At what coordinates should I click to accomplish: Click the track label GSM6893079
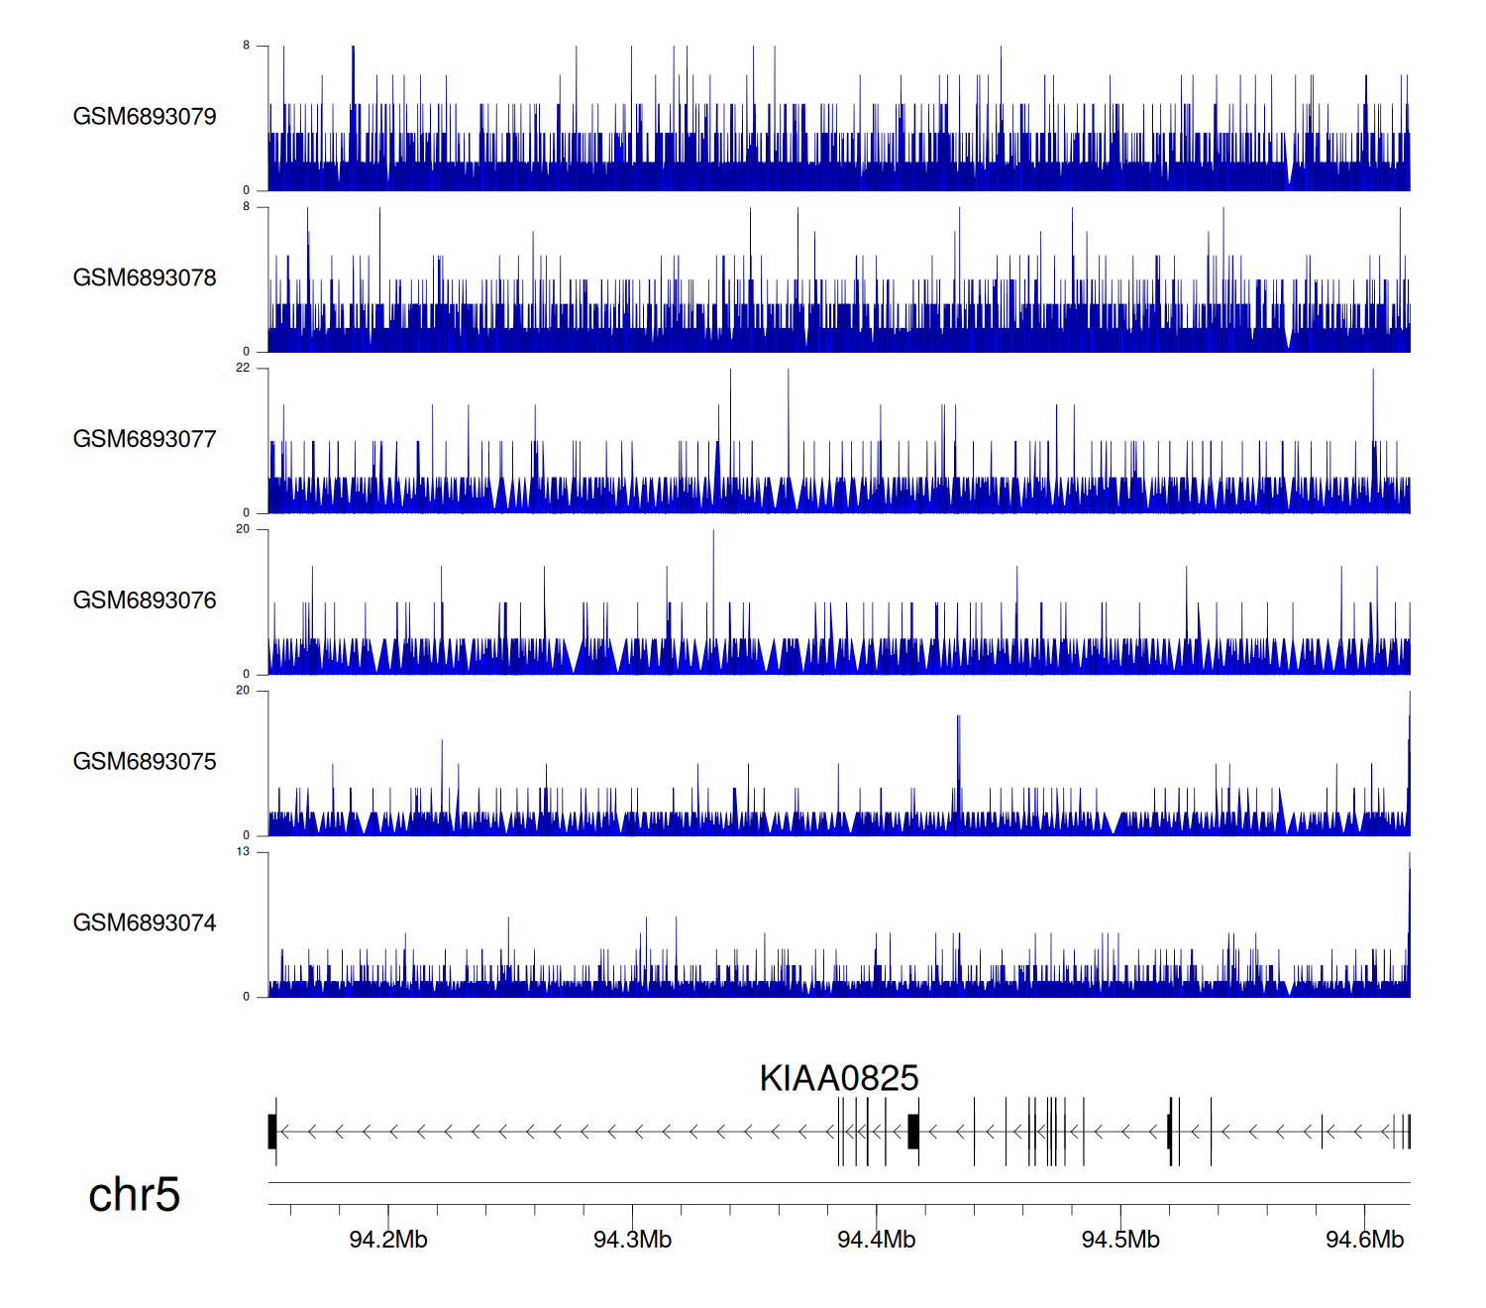(x=145, y=117)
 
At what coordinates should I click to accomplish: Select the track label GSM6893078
(x=145, y=278)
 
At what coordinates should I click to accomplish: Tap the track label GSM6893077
(x=145, y=440)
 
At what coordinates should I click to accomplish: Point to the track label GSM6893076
(x=145, y=600)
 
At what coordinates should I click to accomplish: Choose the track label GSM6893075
(x=145, y=762)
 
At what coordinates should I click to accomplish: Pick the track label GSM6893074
(x=145, y=924)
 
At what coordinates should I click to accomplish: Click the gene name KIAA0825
(x=839, y=1078)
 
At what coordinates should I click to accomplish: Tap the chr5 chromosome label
(x=134, y=1195)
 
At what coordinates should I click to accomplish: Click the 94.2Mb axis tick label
(x=388, y=1240)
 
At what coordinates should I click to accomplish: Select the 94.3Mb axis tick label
(x=632, y=1240)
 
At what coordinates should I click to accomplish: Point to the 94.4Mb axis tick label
(x=877, y=1240)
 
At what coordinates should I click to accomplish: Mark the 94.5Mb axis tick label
(x=1120, y=1240)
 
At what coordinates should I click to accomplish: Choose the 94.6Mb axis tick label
(x=1364, y=1240)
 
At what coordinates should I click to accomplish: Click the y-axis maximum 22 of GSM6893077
(x=243, y=368)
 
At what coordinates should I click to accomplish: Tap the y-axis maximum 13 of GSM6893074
(x=243, y=851)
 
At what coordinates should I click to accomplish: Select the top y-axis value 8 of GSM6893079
(x=247, y=46)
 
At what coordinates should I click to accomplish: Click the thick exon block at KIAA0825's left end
(x=272, y=1132)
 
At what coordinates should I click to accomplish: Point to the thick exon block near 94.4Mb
(x=913, y=1132)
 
